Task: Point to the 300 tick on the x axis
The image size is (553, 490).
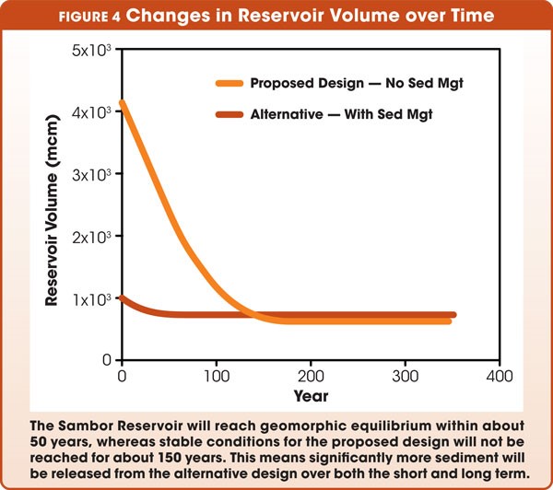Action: click(405, 378)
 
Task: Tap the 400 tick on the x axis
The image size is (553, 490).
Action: click(499, 378)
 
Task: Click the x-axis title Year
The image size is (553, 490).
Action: click(310, 398)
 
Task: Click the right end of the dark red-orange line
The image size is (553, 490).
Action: click(453, 315)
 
